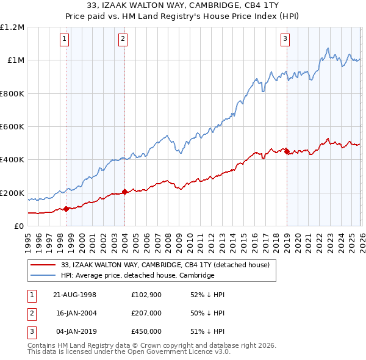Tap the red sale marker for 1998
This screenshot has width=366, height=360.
point(66,209)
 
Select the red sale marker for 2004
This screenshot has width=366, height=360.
point(124,192)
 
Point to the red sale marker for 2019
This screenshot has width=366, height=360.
point(287,151)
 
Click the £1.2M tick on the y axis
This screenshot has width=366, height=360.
point(12,27)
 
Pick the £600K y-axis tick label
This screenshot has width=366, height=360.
point(12,127)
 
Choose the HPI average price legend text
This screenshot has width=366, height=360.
point(138,276)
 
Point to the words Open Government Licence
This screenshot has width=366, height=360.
point(178,352)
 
